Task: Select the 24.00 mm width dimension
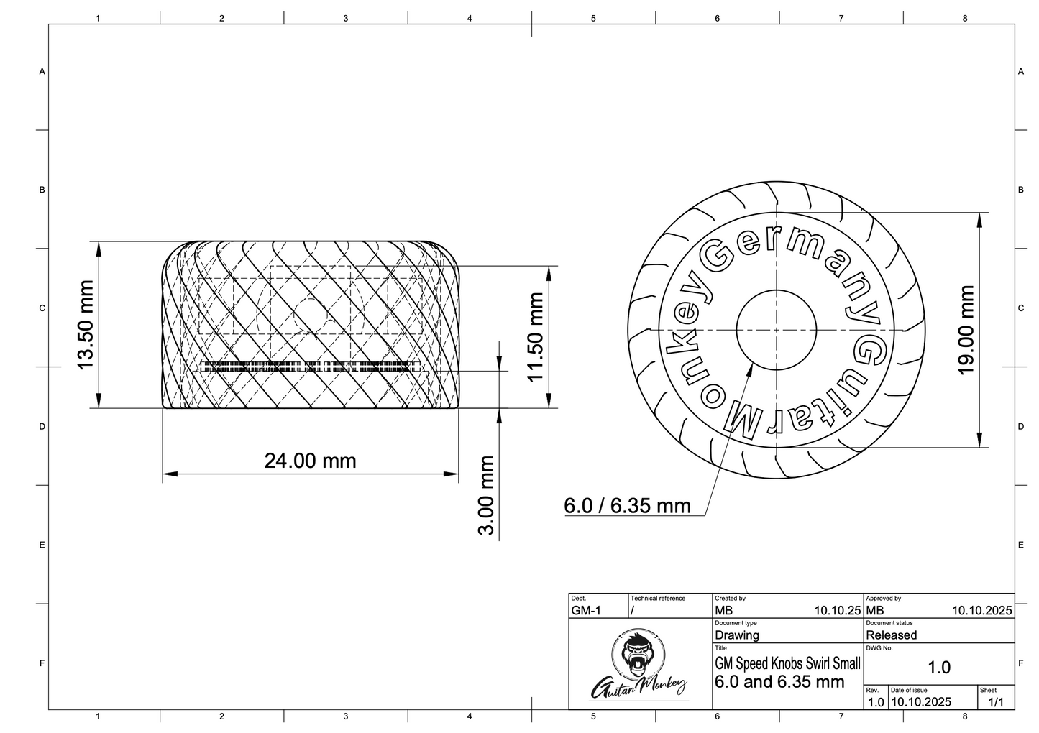click(310, 461)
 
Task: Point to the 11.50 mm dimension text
click(535, 337)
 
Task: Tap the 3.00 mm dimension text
click(487, 495)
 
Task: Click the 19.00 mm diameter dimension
click(966, 330)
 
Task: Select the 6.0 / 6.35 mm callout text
click(627, 506)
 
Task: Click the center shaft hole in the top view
click(775, 330)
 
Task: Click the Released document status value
click(891, 635)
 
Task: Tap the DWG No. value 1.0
click(938, 668)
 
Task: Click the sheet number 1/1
click(996, 702)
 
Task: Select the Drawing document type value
click(737, 635)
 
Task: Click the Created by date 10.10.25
click(837, 611)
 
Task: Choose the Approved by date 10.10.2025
click(981, 611)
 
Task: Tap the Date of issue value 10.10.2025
click(920, 702)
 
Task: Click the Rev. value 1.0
click(875, 702)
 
